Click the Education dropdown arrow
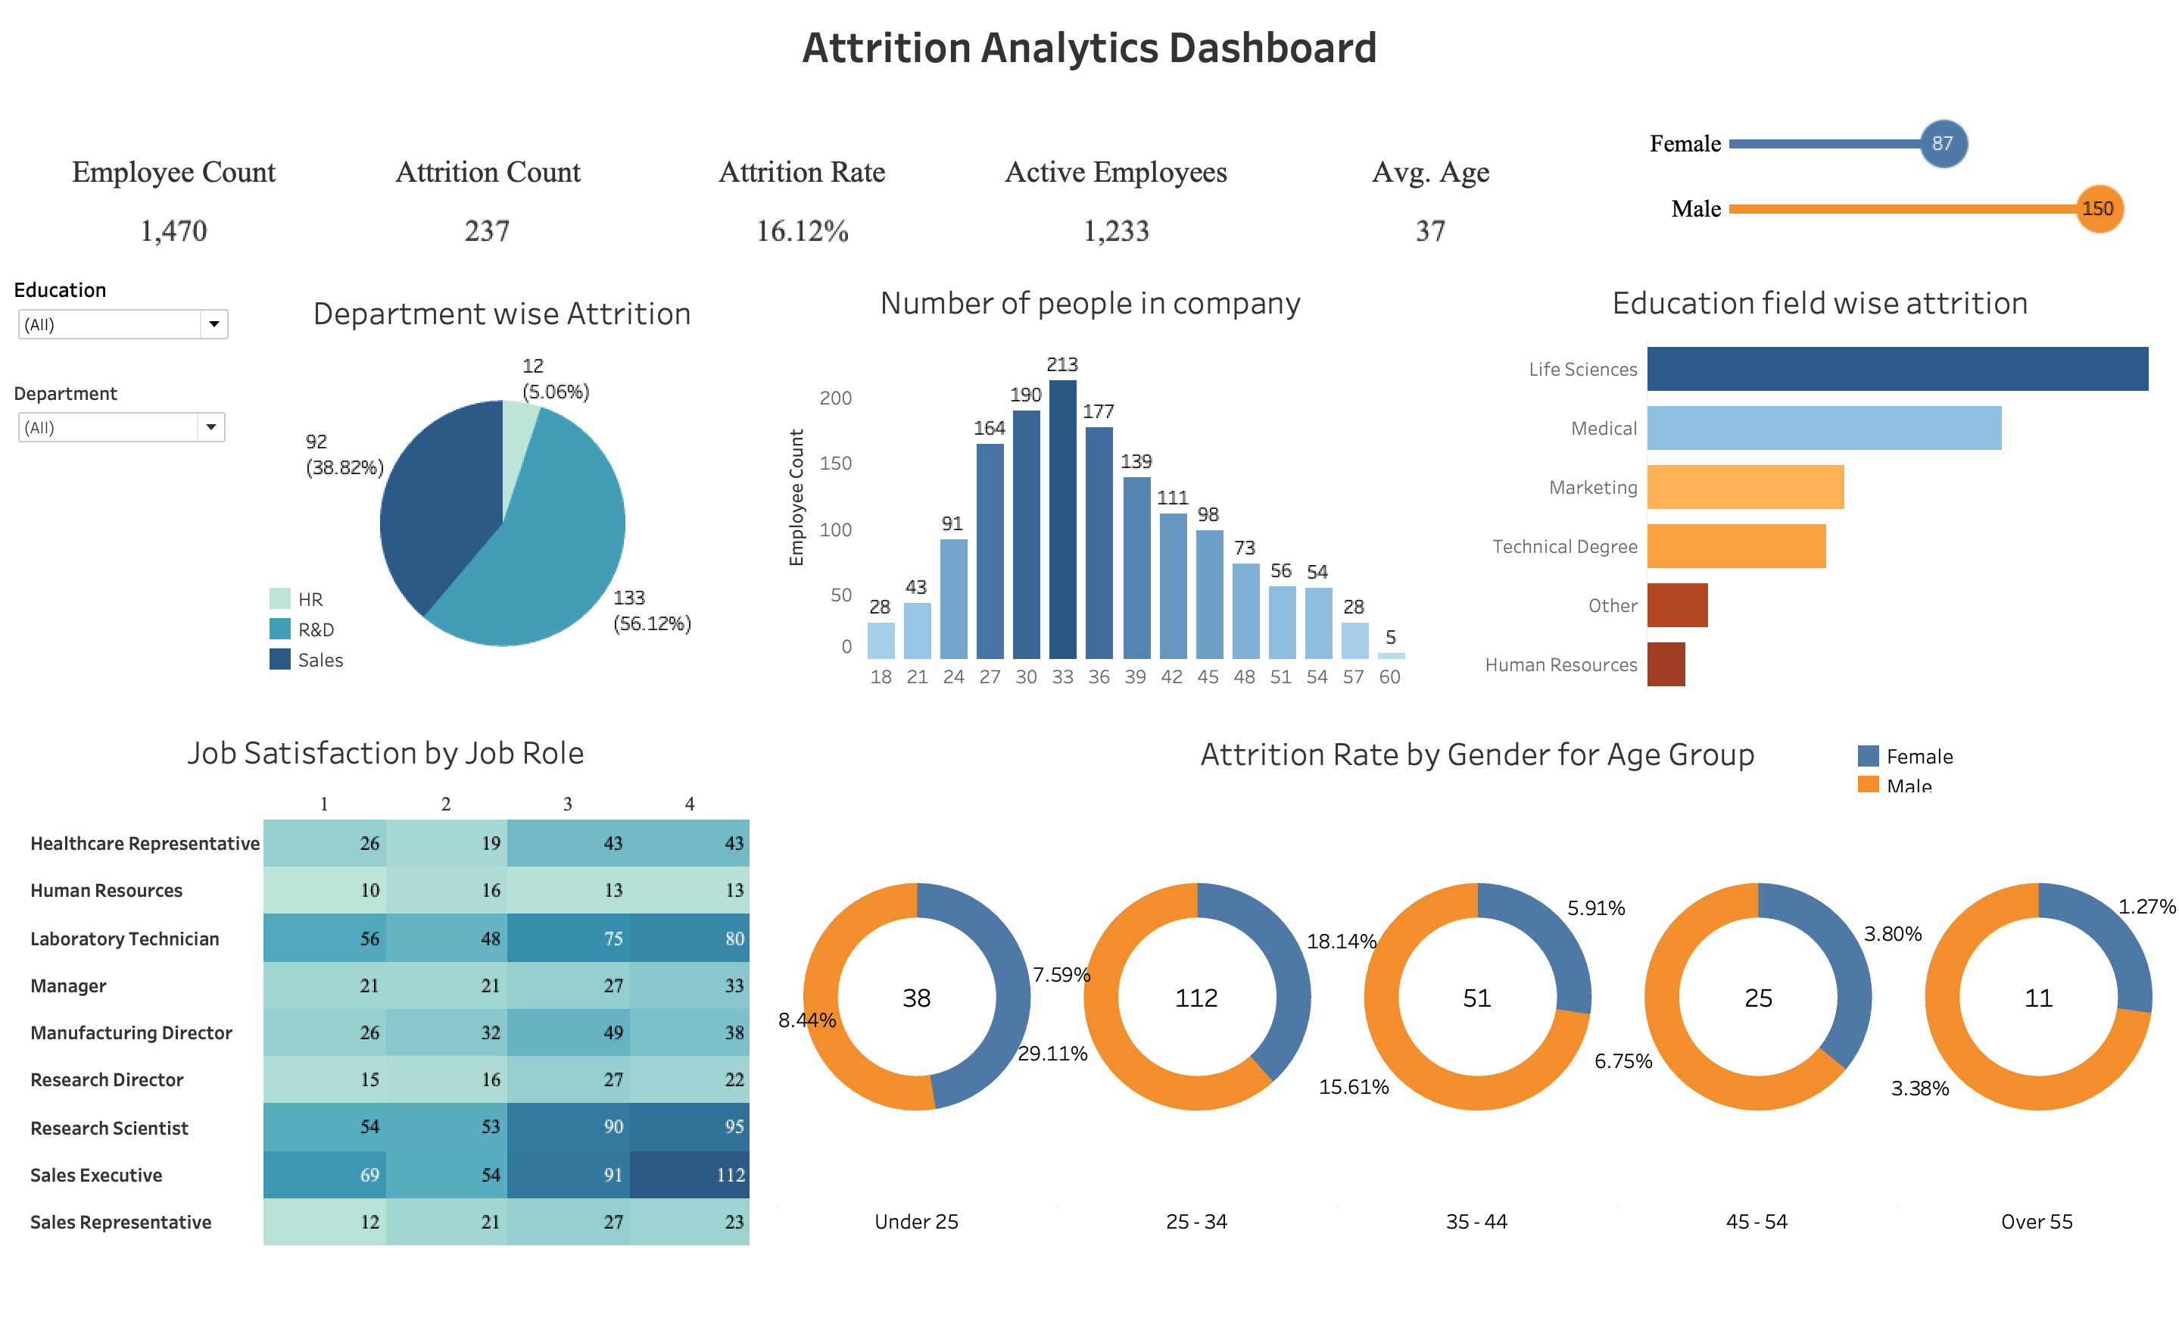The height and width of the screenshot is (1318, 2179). pyautogui.click(x=213, y=325)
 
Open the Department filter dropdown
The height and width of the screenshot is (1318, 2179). pyautogui.click(x=210, y=428)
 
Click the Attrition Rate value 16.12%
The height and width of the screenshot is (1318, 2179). pyautogui.click(x=801, y=231)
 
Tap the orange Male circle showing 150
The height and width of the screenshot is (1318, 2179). pyautogui.click(x=2098, y=209)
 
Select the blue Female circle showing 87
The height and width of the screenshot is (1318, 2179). pyautogui.click(x=1942, y=143)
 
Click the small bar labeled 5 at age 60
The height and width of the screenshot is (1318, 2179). pyautogui.click(x=1390, y=655)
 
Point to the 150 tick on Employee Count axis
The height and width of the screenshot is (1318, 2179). pyautogui.click(x=835, y=464)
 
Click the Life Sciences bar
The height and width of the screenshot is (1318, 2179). pyautogui.click(x=1896, y=369)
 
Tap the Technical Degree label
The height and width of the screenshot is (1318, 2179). pyautogui.click(x=1563, y=547)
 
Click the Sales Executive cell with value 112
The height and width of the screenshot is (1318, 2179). pyautogui.click(x=690, y=1175)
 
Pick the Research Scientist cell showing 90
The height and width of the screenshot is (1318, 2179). pyautogui.click(x=569, y=1127)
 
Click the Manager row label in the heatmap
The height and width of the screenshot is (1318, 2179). pyautogui.click(x=68, y=985)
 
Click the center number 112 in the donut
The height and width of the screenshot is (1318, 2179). pyautogui.click(x=1195, y=998)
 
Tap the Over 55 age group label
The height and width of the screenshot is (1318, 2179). pyautogui.click(x=2036, y=1222)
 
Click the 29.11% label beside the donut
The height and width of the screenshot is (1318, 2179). pyautogui.click(x=1052, y=1054)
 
